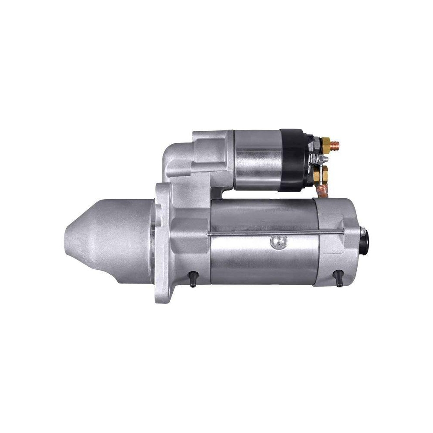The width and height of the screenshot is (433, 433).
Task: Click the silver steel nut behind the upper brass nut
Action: tap(316, 142)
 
